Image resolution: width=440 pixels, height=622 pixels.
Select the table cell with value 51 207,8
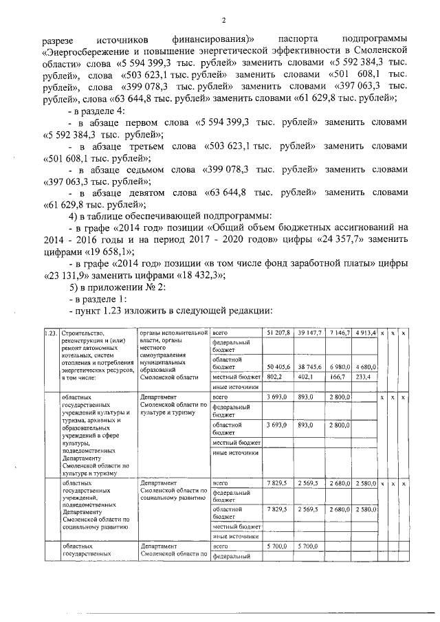(278, 333)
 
